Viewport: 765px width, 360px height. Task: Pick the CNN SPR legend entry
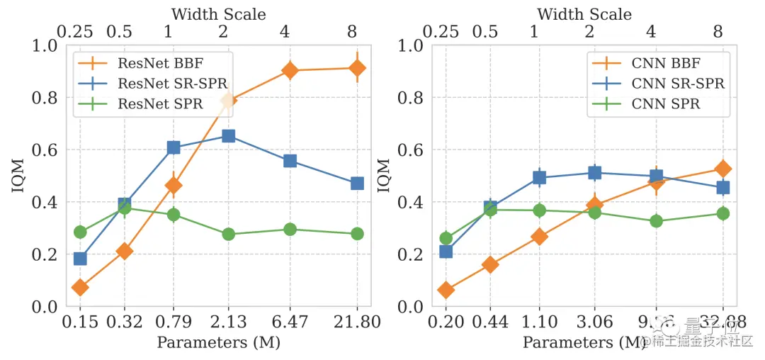click(665, 104)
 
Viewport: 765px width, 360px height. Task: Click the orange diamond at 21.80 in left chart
click(357, 68)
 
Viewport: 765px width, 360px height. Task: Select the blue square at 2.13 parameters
click(228, 135)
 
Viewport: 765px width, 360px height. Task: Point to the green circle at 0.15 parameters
click(80, 232)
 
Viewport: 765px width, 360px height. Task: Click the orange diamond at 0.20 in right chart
click(446, 290)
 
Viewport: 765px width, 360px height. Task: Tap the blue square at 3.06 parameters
click(594, 172)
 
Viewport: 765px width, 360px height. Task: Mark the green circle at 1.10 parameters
click(539, 210)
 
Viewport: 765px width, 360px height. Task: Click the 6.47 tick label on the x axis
click(290, 323)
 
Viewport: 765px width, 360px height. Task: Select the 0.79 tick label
click(173, 323)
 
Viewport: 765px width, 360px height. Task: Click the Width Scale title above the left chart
click(219, 13)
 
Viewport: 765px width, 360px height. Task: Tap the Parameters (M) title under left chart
click(218, 343)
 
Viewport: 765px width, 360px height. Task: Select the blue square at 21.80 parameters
click(357, 184)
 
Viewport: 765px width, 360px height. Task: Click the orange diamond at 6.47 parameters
click(290, 70)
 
